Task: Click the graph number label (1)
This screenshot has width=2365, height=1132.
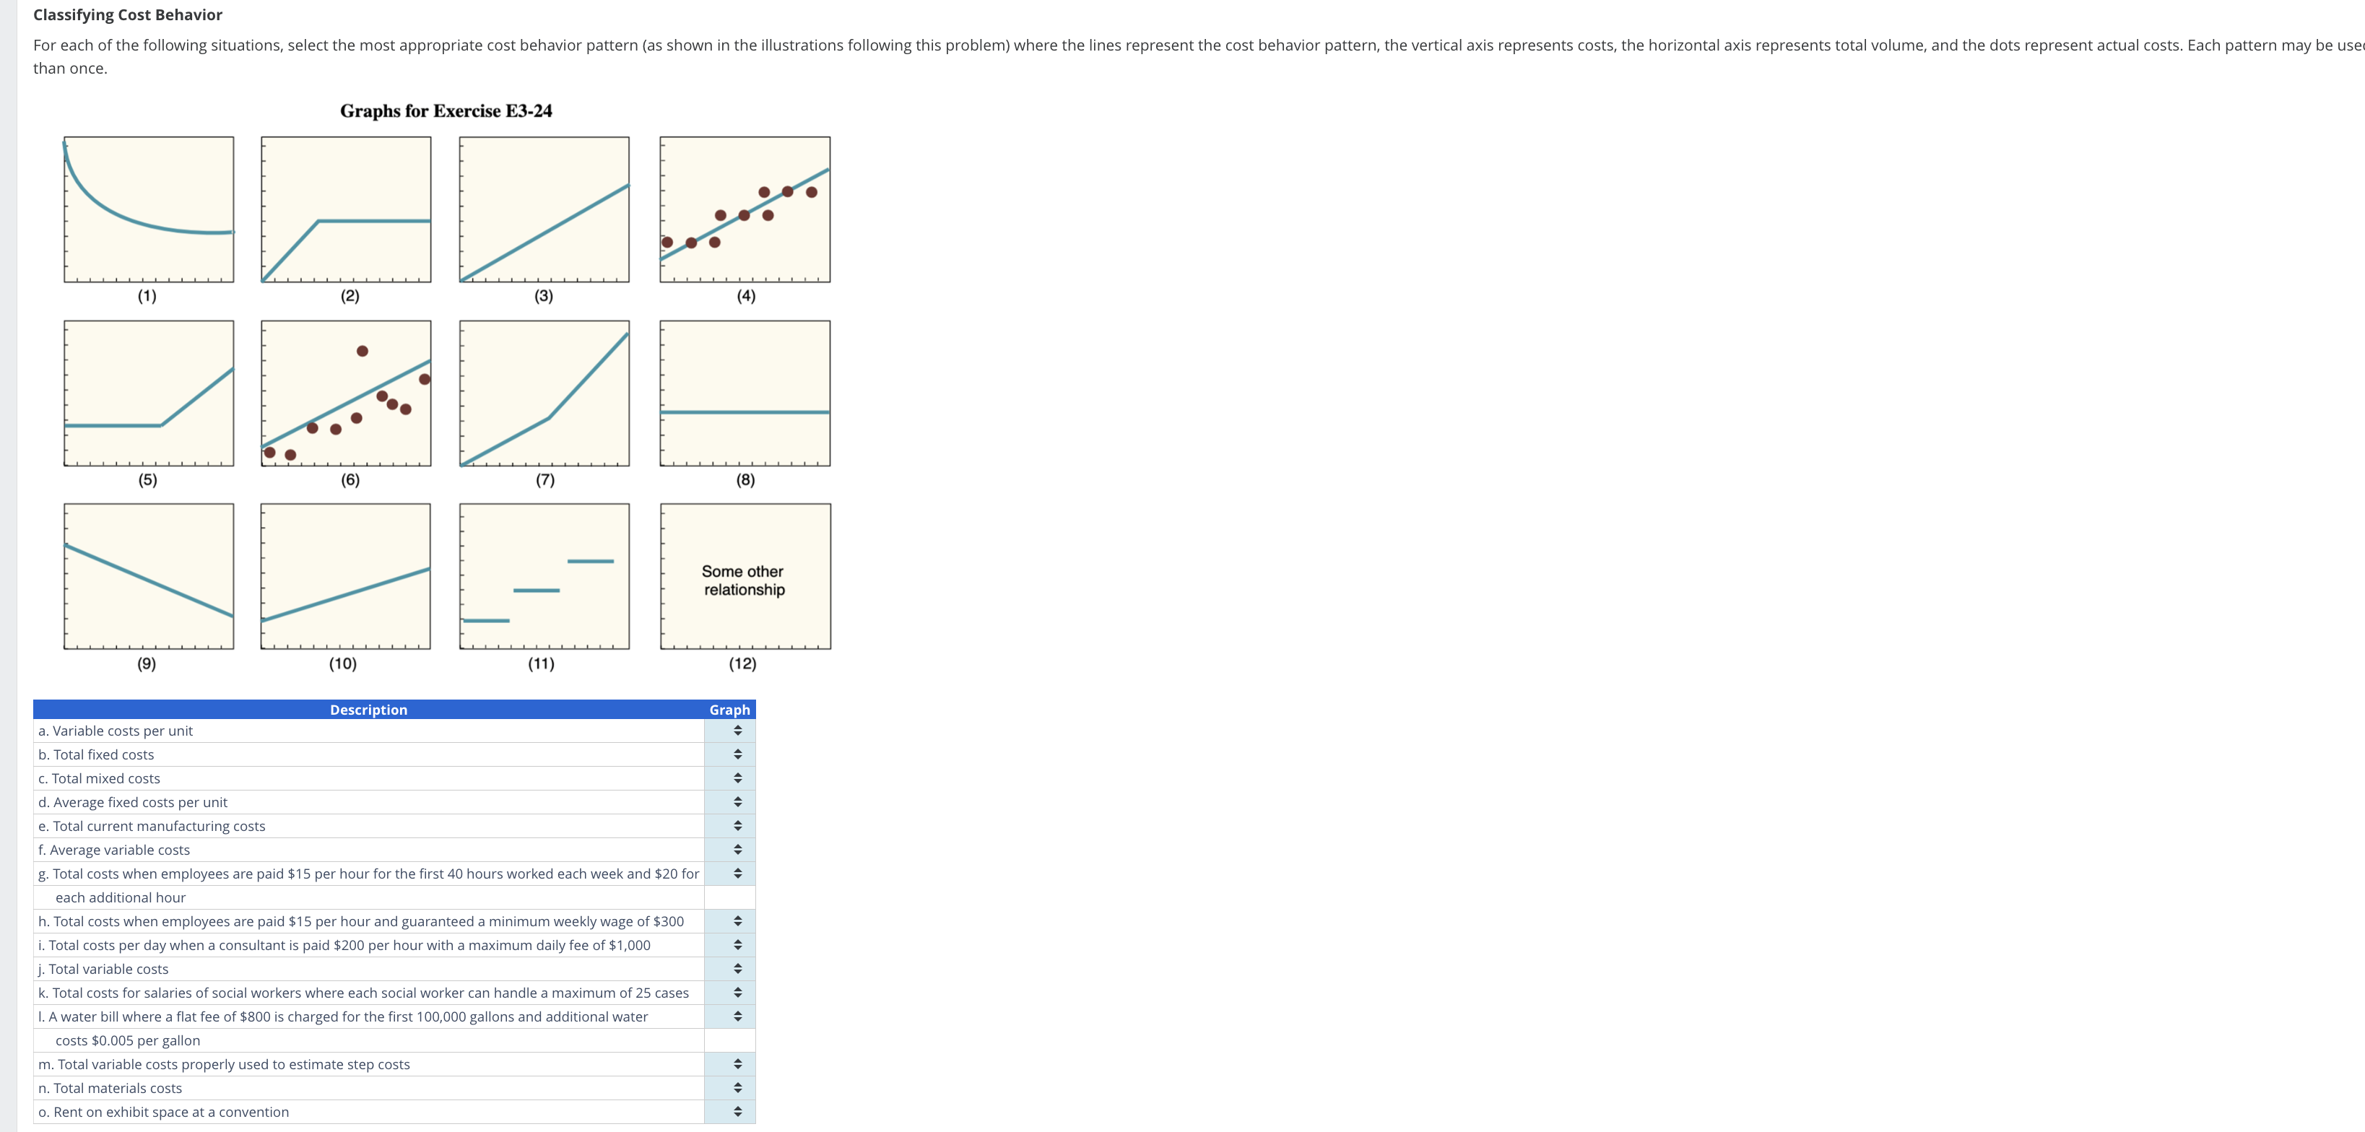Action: (x=147, y=295)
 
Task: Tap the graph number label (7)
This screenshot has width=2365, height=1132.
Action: (x=544, y=479)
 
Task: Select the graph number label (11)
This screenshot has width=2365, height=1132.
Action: (x=541, y=663)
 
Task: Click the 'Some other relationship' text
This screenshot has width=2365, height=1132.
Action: (x=744, y=580)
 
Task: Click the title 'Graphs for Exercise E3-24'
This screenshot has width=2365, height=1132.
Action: (x=446, y=111)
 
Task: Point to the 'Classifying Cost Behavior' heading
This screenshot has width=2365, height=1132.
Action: (x=128, y=14)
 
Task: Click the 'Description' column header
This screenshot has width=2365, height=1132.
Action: (x=368, y=710)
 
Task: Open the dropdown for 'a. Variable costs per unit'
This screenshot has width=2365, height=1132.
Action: (x=737, y=731)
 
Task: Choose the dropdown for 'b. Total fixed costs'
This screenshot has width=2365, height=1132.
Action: (x=737, y=754)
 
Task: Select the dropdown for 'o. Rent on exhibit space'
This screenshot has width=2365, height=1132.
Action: (x=737, y=1112)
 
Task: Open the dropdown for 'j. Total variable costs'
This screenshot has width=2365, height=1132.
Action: (x=737, y=969)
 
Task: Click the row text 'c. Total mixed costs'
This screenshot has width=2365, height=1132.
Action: (x=99, y=778)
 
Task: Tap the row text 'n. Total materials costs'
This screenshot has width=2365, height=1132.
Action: (x=110, y=1088)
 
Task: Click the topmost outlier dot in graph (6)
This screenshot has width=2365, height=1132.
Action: (x=363, y=351)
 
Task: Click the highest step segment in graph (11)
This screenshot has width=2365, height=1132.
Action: (x=590, y=561)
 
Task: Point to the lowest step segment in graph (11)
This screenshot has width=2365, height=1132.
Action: (x=486, y=621)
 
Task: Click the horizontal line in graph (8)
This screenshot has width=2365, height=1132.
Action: (x=745, y=412)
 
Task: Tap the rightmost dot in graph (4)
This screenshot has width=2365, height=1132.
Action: (x=812, y=192)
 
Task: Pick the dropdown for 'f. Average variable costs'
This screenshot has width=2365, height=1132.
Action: (x=737, y=850)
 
